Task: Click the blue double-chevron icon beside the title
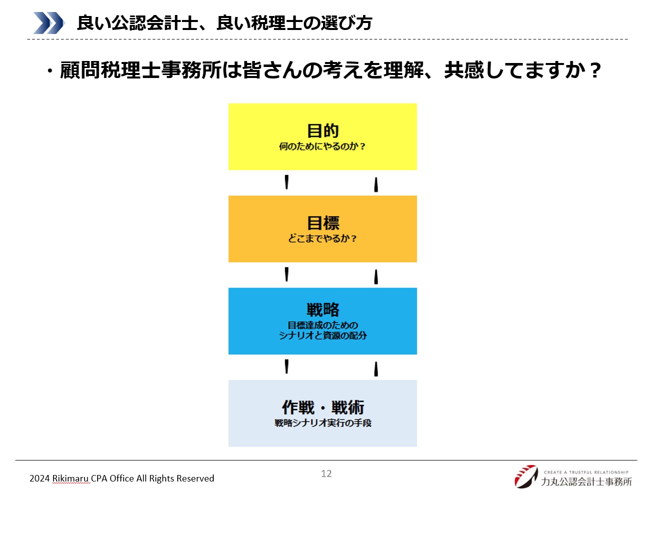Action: click(x=49, y=22)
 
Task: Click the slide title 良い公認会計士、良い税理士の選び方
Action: click(x=224, y=22)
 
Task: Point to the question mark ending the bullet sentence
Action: click(x=595, y=70)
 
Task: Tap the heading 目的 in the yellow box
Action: click(x=322, y=130)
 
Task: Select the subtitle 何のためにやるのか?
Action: click(x=322, y=146)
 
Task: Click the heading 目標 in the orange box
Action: click(x=323, y=223)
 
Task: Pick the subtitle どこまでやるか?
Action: click(x=322, y=238)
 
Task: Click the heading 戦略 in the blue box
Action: click(x=323, y=309)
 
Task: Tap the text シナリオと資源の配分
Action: click(x=322, y=335)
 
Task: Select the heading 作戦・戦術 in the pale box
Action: click(x=323, y=407)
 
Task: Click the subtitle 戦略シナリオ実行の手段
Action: click(x=323, y=423)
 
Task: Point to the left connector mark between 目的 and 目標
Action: click(x=286, y=182)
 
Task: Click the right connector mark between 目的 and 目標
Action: click(x=376, y=184)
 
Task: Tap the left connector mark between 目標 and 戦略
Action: click(x=286, y=274)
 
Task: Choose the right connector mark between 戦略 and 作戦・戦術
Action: click(x=376, y=369)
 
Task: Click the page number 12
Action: click(x=326, y=473)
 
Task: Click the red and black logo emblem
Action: click(x=526, y=476)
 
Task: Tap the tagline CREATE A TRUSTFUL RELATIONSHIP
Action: click(x=586, y=472)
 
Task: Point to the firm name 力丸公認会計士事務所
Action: click(x=586, y=481)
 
